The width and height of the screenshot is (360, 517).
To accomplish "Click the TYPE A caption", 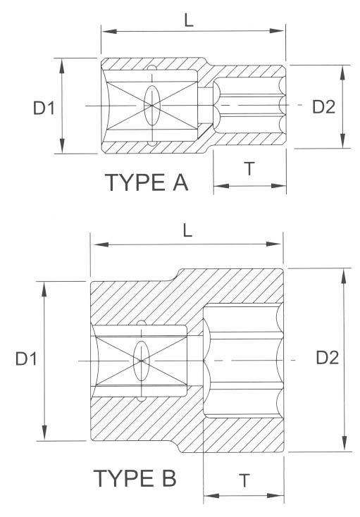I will tap(147, 182).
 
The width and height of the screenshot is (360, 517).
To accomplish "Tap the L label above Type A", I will tap(190, 20).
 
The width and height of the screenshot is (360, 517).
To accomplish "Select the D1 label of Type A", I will tap(44, 108).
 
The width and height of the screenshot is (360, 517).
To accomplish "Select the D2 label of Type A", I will tap(323, 106).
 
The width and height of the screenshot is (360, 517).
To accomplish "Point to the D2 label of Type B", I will tap(328, 358).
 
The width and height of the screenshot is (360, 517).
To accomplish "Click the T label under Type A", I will tap(249, 168).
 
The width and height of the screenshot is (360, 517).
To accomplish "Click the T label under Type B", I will tap(244, 481).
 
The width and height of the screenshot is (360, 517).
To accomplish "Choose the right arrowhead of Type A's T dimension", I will tap(283, 187).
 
